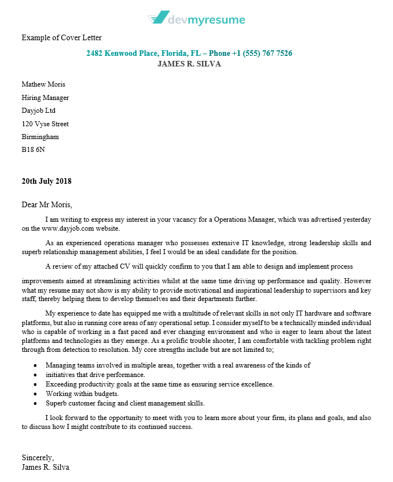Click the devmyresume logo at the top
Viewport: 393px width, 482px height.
[196, 20]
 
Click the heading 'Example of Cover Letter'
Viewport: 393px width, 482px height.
[61, 37]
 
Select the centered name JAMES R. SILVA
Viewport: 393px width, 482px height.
[189, 64]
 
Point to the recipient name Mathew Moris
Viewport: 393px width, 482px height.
[44, 84]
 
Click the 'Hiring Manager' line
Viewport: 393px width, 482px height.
[45, 98]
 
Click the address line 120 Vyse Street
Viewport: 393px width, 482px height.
[45, 124]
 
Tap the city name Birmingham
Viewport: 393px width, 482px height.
[40, 137]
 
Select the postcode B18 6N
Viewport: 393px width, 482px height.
[34, 150]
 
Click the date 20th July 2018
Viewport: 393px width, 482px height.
[46, 181]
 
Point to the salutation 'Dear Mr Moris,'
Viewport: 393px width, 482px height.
[47, 204]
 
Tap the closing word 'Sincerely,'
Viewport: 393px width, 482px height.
[38, 458]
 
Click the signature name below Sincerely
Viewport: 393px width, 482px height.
[46, 467]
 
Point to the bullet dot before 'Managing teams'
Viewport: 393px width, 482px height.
[35, 366]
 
